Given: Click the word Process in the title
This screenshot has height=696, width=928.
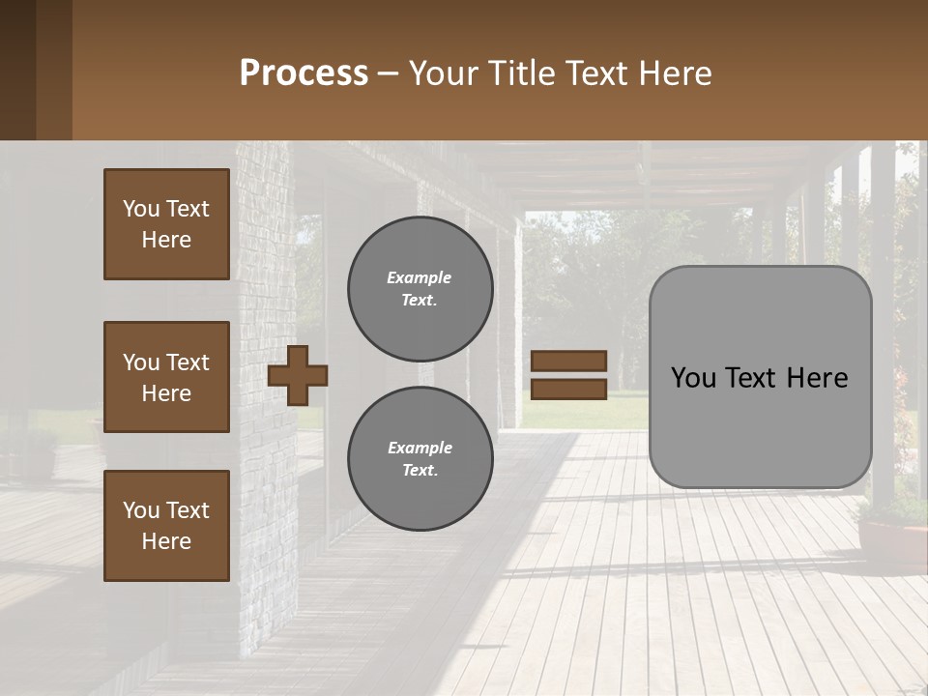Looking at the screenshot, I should click(304, 73).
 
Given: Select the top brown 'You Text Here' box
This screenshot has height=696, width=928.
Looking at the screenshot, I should click(166, 224).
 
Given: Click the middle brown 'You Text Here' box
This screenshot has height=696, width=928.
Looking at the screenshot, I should click(166, 377).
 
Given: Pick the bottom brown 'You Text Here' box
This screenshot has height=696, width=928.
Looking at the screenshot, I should click(166, 526).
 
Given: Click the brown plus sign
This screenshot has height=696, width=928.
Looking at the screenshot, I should click(298, 375).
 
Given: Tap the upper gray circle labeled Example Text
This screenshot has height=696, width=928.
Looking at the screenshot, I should click(420, 289).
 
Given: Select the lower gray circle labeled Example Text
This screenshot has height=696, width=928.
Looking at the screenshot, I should click(420, 459).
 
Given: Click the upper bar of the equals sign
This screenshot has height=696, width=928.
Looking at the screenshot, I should click(569, 361).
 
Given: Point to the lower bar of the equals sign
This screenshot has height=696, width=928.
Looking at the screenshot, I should click(569, 389).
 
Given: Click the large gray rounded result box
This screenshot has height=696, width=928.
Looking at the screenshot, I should click(760, 377).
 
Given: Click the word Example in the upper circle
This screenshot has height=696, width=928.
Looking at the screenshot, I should click(420, 277).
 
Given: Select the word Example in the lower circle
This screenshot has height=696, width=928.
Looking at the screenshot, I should click(420, 448).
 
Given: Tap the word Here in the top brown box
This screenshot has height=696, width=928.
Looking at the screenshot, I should click(166, 240).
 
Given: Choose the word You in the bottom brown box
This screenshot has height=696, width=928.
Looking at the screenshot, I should click(140, 510).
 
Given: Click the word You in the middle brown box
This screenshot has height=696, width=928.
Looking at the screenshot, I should click(140, 362).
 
